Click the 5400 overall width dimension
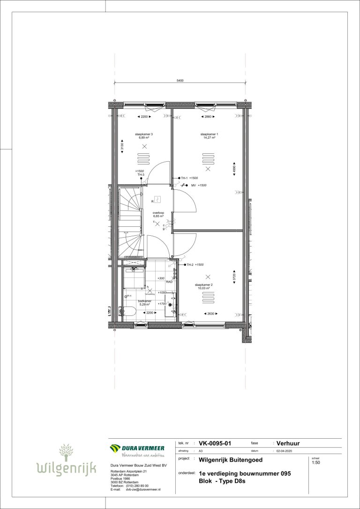point(180,81)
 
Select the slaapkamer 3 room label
point(144,134)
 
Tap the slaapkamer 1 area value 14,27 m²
point(209,138)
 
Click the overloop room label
point(158,212)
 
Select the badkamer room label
point(144,301)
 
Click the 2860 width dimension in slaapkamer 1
point(208,116)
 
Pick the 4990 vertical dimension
point(234,169)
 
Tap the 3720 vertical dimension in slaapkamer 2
point(234,278)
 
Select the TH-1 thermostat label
point(184,179)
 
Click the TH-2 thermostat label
point(190,265)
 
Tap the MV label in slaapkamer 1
point(193,186)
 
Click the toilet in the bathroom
point(129,311)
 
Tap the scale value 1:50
point(316,463)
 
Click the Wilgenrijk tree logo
point(66,452)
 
